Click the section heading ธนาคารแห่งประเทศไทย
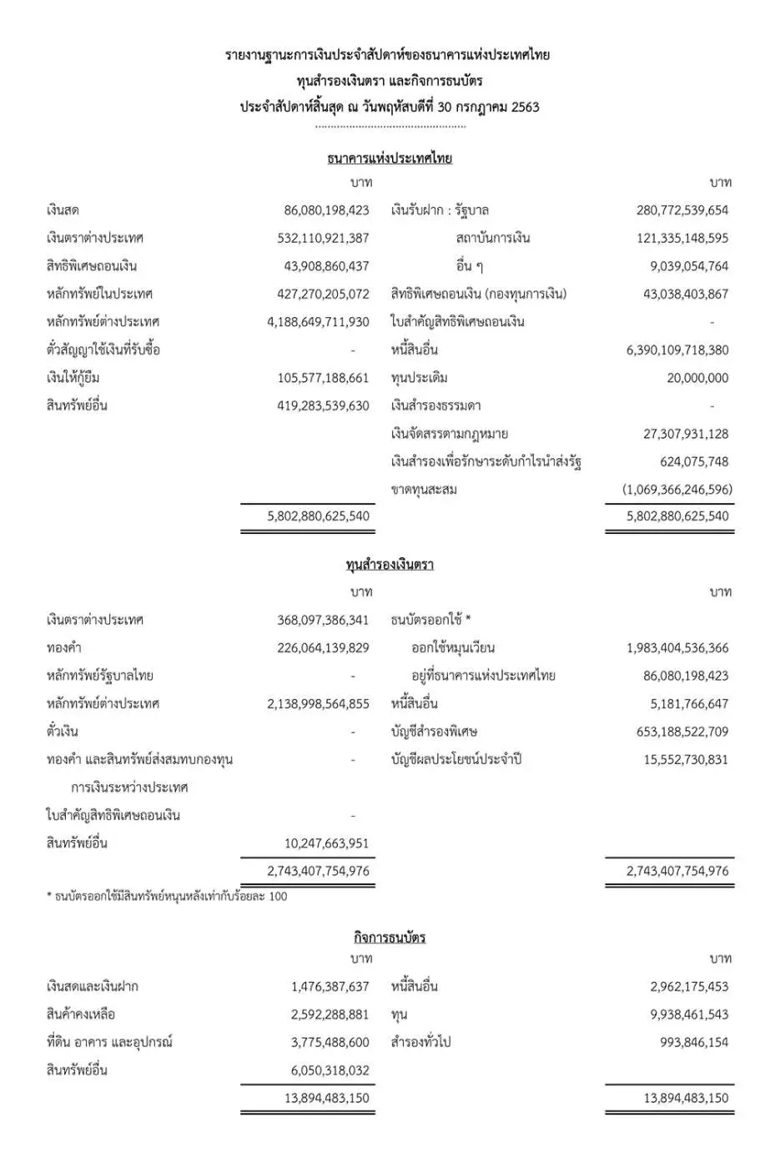pos(390,159)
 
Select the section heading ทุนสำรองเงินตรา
pos(390,565)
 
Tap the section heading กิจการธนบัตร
pos(390,938)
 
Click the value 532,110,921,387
pos(323,239)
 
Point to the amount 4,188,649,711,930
pos(318,322)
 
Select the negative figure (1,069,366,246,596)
pos(677,490)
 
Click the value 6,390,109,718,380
pos(677,350)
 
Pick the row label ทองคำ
pos(64,648)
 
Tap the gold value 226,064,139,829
pos(323,648)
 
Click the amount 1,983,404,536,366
pos(677,648)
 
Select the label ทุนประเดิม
pos(420,378)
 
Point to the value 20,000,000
pos(697,378)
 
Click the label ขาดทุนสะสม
pos(424,490)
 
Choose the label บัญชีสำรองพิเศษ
pos(434,732)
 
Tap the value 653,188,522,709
pos(682,732)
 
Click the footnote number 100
pos(278,897)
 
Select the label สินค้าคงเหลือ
pos(81,1014)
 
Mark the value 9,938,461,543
pos(689,1014)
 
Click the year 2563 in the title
pos(526,108)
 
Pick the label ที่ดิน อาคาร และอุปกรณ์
pos(109,1043)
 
